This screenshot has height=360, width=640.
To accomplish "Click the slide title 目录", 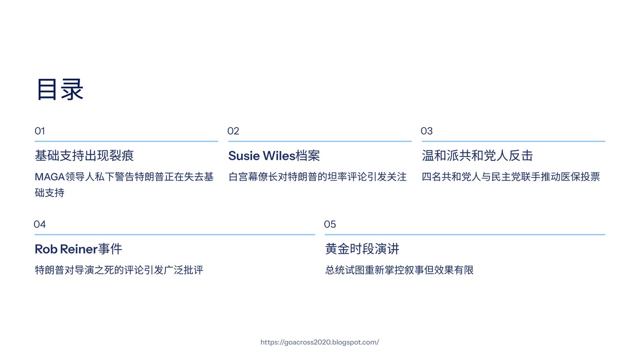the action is tap(60, 89).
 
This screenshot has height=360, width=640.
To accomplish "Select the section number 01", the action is tap(40, 131).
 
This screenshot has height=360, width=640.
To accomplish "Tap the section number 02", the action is tap(233, 131).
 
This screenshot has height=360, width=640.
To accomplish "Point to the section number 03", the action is tap(426, 131).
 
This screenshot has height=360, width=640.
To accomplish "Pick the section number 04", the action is tap(40, 225).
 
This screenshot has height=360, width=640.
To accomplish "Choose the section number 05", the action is tap(330, 225).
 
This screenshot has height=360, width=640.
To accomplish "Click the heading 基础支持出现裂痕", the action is tap(84, 156).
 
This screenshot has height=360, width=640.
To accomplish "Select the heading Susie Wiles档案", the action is tap(274, 156).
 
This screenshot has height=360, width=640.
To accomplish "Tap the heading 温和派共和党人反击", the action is tap(477, 156).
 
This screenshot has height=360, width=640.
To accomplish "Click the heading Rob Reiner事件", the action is tap(78, 249).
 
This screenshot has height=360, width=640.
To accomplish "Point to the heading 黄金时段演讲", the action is tap(362, 249).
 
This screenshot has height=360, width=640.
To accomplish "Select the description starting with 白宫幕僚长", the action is tap(317, 177).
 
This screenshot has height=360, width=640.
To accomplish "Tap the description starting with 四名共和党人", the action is tap(511, 177).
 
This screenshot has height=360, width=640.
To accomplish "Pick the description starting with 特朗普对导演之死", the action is tap(119, 270).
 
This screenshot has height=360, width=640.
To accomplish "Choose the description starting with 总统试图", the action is tap(399, 270).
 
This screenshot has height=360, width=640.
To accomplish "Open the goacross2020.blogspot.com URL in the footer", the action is tap(320, 342).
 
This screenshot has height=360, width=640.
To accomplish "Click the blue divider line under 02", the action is tap(320, 141).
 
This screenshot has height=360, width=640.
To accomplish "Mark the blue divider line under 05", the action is tap(465, 234).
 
